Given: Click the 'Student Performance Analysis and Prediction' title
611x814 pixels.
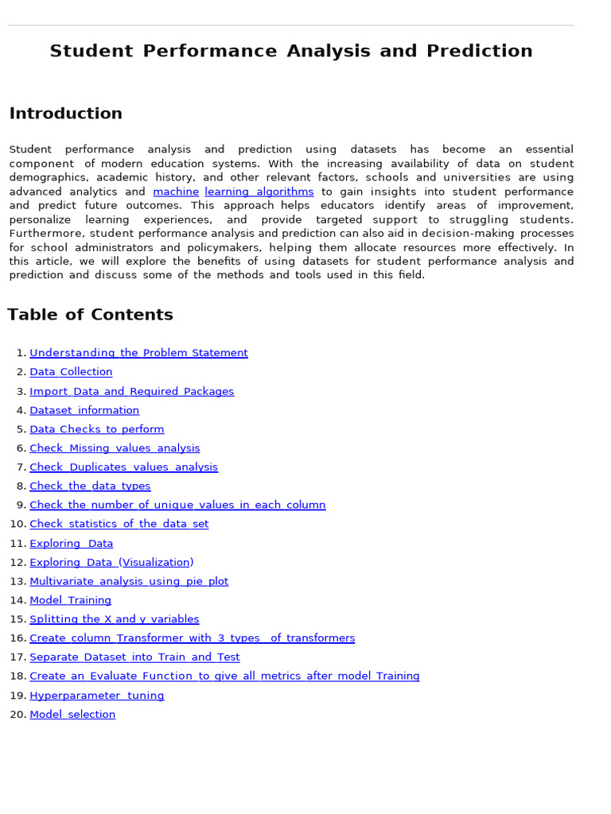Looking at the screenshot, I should pos(290,52).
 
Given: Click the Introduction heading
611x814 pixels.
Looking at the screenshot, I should pos(65,114).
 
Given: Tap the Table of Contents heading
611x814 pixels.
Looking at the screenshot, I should pos(90,315).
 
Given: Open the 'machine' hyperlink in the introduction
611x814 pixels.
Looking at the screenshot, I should pos(176,192).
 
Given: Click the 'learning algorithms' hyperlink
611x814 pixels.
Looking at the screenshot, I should pos(259,192).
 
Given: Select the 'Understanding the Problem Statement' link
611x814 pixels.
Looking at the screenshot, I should pos(138,353).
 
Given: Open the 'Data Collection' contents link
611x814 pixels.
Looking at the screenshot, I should pos(71,372).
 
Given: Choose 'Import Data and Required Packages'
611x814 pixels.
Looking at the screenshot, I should pos(131,391).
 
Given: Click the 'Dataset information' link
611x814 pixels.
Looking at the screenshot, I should pos(84,410).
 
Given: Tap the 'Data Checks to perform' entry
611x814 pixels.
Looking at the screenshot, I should pos(96,429).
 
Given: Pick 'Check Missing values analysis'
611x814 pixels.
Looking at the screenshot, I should pos(115,448).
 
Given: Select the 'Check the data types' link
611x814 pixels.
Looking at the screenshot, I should pos(90,486).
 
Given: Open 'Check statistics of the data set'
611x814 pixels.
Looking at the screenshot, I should pos(119,524).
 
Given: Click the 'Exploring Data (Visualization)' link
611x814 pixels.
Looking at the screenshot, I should pos(111,562).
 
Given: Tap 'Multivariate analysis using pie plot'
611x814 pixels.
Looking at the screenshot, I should pos(129,581).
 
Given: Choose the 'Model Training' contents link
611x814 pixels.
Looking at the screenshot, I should pos(70,600).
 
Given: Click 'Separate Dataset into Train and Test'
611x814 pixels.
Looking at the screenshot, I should pos(134,657).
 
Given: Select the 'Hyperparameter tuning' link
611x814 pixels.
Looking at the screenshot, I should pos(97,696).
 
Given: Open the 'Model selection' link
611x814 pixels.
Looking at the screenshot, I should pos(72,715).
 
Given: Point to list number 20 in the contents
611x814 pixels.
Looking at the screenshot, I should pos(18,715).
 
